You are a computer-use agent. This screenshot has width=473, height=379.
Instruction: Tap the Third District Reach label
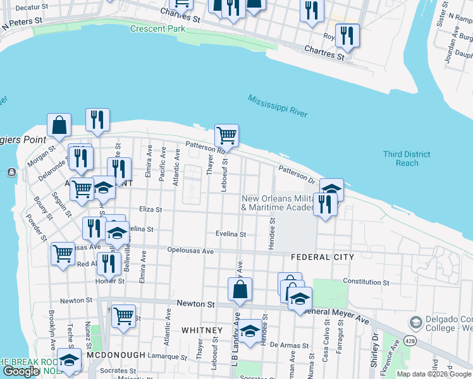(x=407, y=159)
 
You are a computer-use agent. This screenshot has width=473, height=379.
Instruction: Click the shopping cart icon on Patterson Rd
(x=226, y=135)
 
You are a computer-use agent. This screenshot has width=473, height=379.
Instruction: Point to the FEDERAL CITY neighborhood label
(x=320, y=257)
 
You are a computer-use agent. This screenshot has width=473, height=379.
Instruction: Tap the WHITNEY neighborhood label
(x=202, y=330)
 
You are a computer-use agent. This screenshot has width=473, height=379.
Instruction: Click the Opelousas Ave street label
(x=190, y=251)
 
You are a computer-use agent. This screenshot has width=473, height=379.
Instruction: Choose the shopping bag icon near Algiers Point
(x=59, y=125)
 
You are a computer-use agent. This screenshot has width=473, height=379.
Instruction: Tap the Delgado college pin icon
(x=415, y=323)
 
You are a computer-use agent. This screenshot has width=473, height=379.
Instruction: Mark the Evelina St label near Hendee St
(x=230, y=234)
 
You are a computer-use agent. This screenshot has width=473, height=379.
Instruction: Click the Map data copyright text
(x=434, y=374)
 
